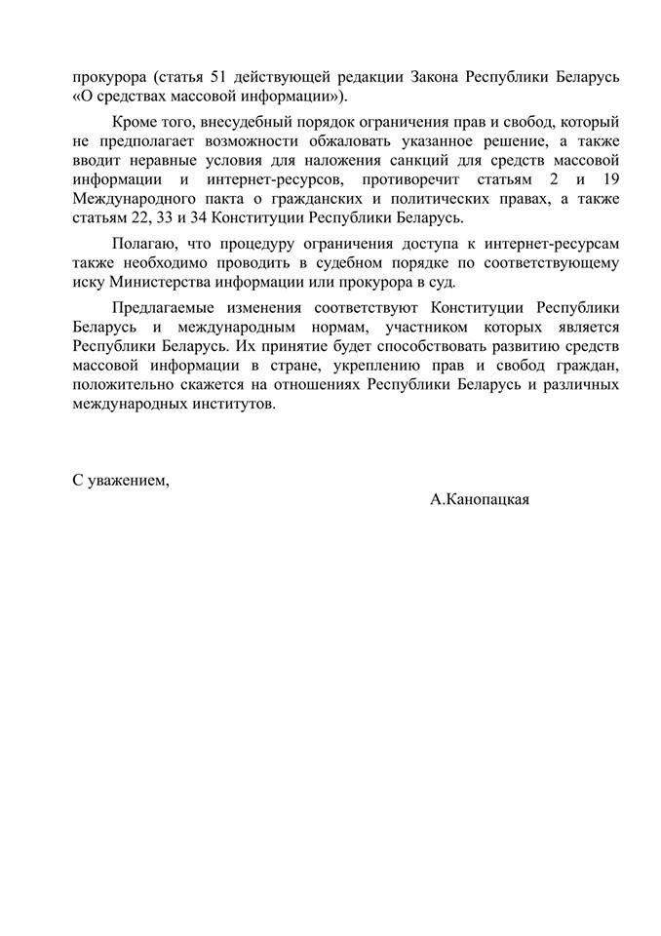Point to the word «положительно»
coord(122,384)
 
